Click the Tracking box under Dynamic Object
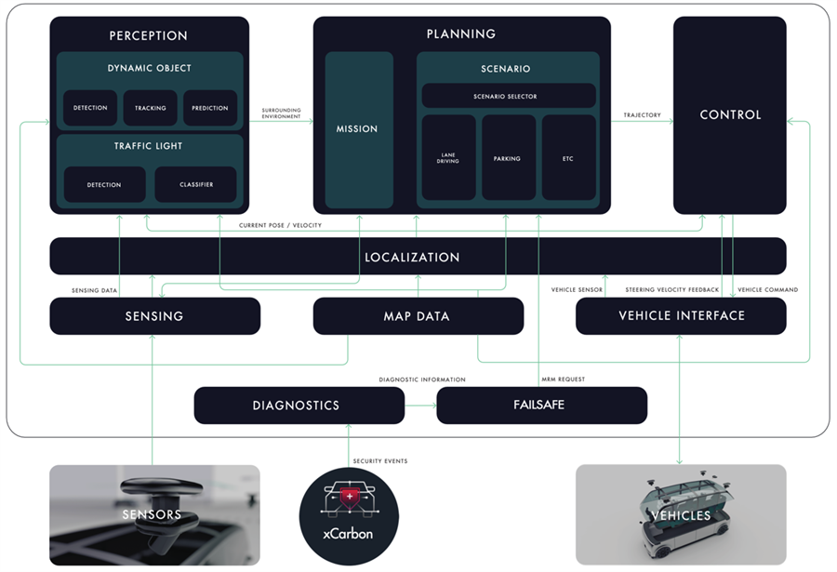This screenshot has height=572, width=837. pyautogui.click(x=150, y=108)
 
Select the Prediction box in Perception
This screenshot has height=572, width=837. pyautogui.click(x=210, y=108)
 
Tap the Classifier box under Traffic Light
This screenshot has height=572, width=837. pyautogui.click(x=195, y=184)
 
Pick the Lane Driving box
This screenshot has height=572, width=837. pyautogui.click(x=448, y=158)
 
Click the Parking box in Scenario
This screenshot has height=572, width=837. pyautogui.click(x=508, y=158)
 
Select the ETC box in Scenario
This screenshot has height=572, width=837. pyautogui.click(x=568, y=158)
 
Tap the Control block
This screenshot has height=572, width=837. pyautogui.click(x=730, y=115)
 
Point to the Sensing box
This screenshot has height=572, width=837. pyautogui.click(x=154, y=316)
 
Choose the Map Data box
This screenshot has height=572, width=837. pyautogui.click(x=418, y=316)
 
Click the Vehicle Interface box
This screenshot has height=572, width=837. pyautogui.click(x=681, y=316)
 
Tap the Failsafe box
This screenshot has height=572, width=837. pyautogui.click(x=541, y=406)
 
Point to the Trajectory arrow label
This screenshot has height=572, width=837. pyautogui.click(x=642, y=115)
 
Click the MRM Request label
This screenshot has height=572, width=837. pyautogui.click(x=563, y=379)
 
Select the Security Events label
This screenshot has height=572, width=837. pyautogui.click(x=380, y=461)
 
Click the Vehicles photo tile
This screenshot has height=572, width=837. pyautogui.click(x=681, y=515)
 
